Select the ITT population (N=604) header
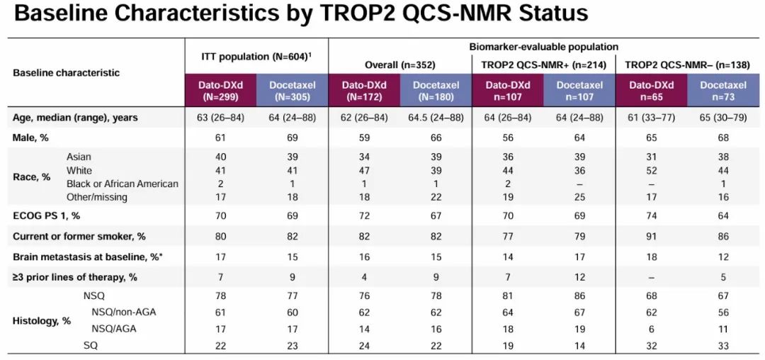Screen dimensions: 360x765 click(256, 56)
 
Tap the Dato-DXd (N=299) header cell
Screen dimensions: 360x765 click(220, 91)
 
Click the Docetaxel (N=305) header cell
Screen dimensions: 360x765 click(292, 91)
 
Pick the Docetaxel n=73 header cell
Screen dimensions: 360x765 click(723, 91)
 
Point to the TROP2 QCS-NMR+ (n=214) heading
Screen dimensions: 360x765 click(543, 64)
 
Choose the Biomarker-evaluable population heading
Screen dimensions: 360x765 click(543, 47)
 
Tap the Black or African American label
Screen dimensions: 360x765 click(122, 184)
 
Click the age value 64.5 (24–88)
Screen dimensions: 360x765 click(436, 118)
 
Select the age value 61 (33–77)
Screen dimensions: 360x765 click(651, 118)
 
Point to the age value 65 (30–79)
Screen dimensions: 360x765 click(723, 118)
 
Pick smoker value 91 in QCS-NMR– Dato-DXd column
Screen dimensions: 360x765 click(651, 235)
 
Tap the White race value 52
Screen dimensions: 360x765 click(651, 171)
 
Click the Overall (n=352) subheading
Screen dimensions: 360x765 click(399, 64)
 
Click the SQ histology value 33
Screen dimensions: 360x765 click(723, 344)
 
